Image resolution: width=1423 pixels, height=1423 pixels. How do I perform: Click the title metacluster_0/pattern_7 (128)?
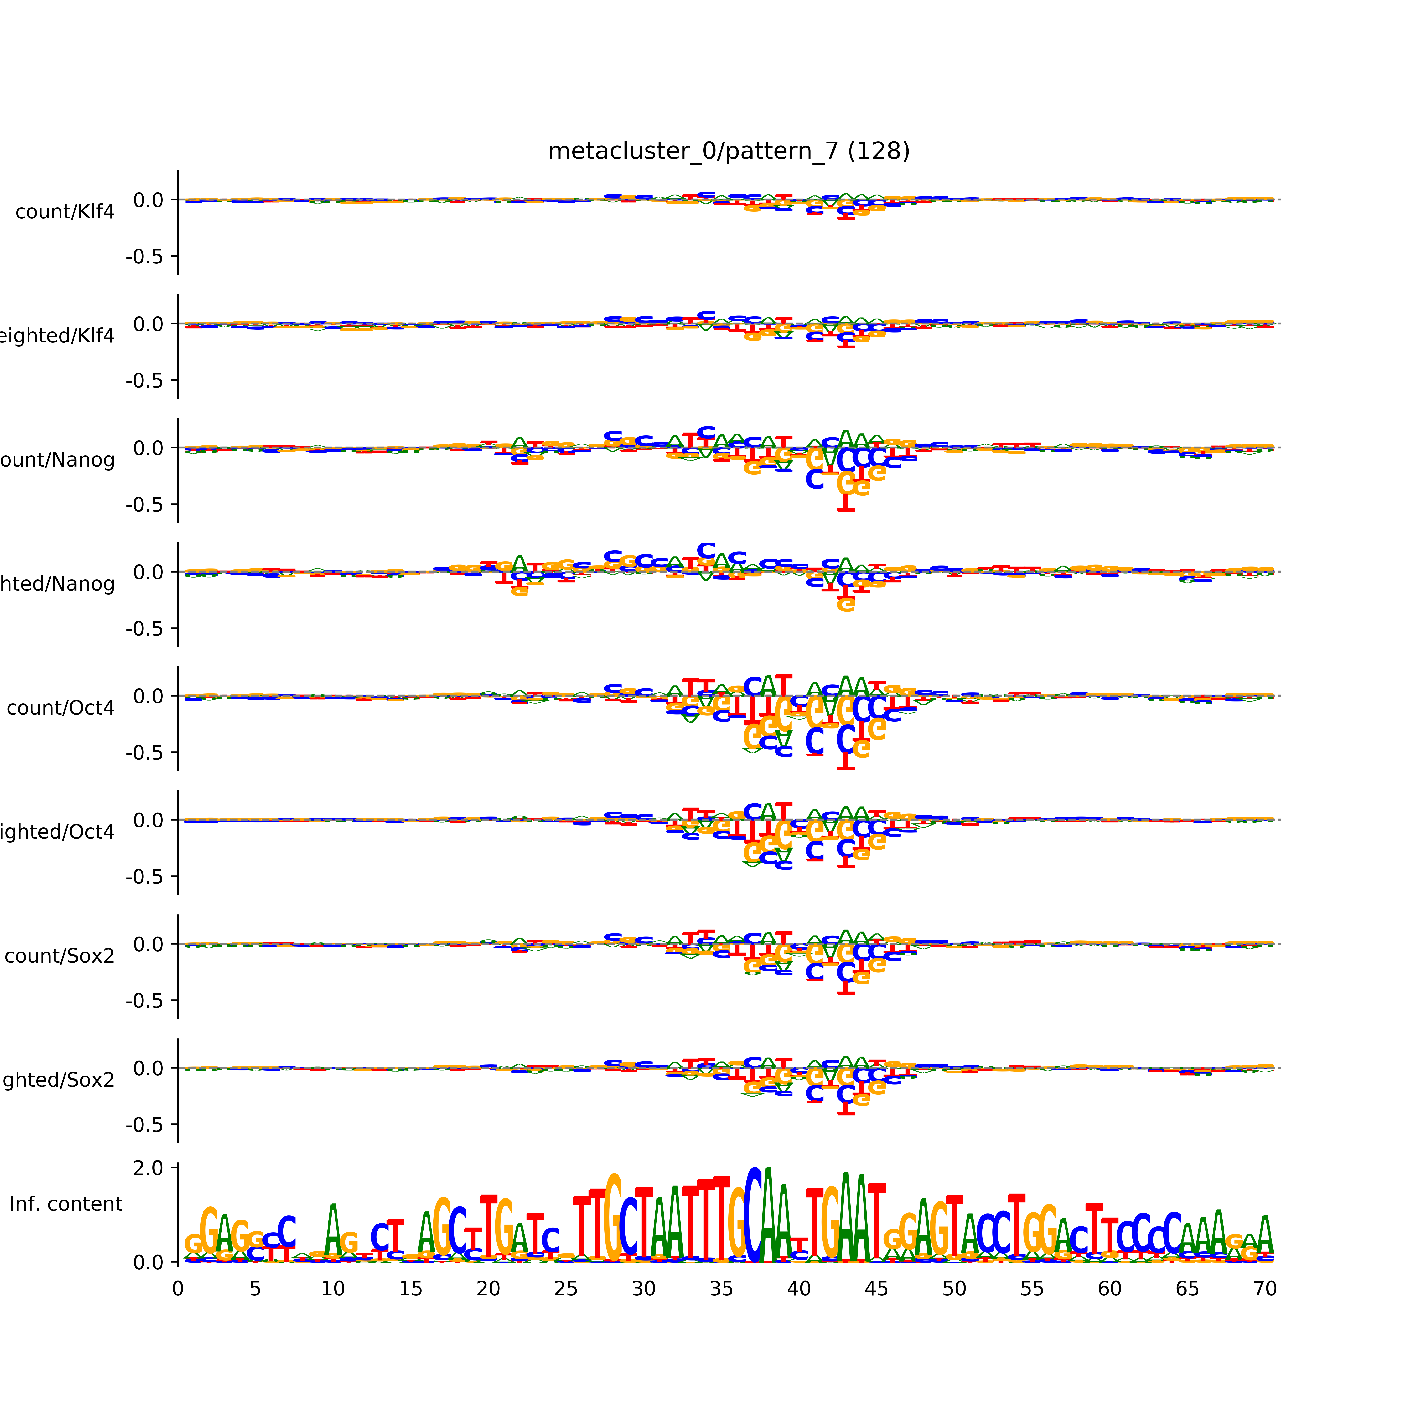728,151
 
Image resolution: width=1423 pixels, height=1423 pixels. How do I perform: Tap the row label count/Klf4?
65,212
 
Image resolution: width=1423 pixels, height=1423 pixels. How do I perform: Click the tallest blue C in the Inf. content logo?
753,1215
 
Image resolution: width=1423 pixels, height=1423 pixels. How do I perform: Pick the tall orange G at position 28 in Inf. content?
613,1219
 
